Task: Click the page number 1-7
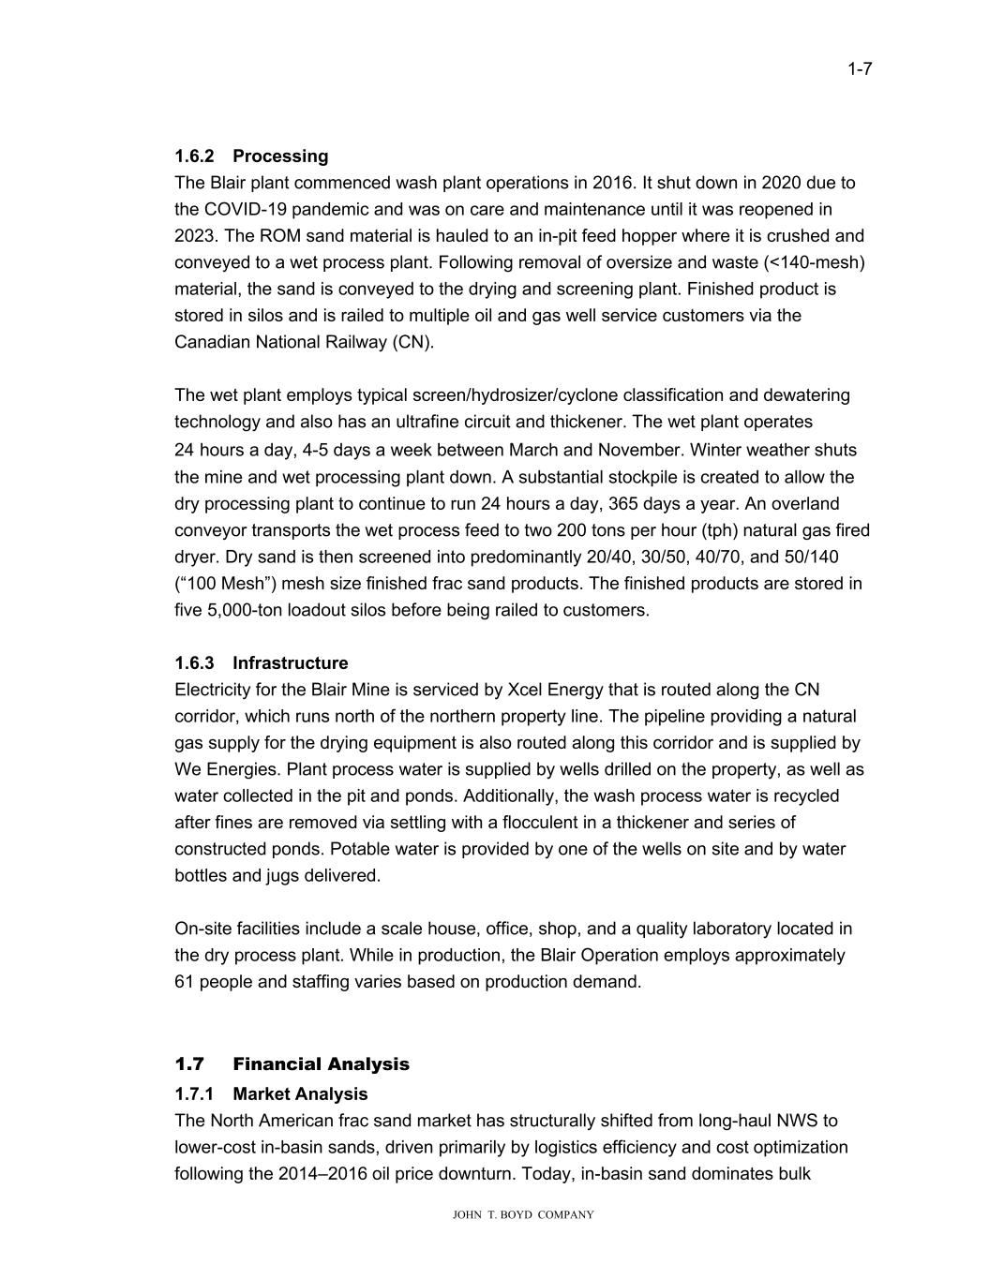(860, 68)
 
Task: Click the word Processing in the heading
(280, 156)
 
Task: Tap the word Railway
(352, 342)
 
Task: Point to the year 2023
(194, 236)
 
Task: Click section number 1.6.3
(194, 663)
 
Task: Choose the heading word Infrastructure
(290, 663)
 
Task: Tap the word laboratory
(685, 929)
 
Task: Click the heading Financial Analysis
(321, 1063)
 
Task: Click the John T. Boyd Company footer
(523, 1214)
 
